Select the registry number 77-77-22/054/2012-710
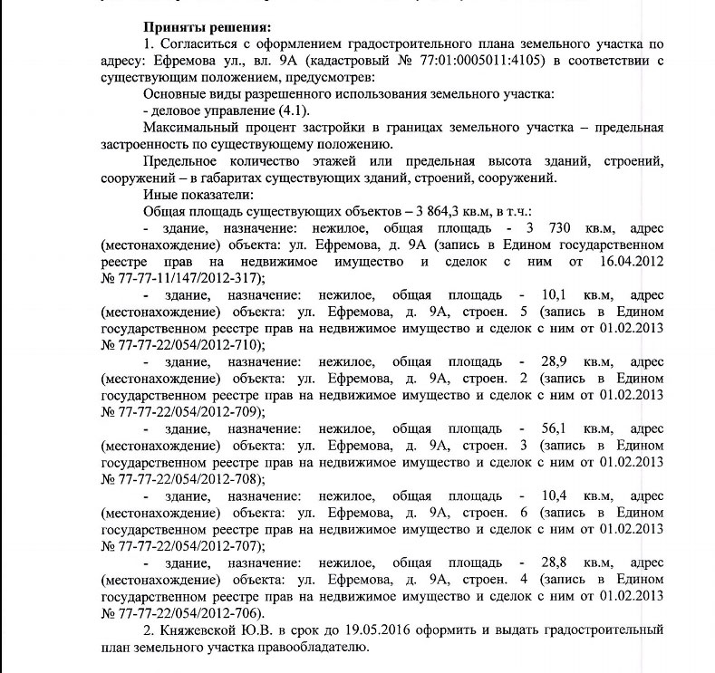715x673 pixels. pyautogui.click(x=188, y=344)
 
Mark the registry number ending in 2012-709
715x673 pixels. pyautogui.click(x=188, y=410)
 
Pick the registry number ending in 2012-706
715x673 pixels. pyautogui.click(x=188, y=611)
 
